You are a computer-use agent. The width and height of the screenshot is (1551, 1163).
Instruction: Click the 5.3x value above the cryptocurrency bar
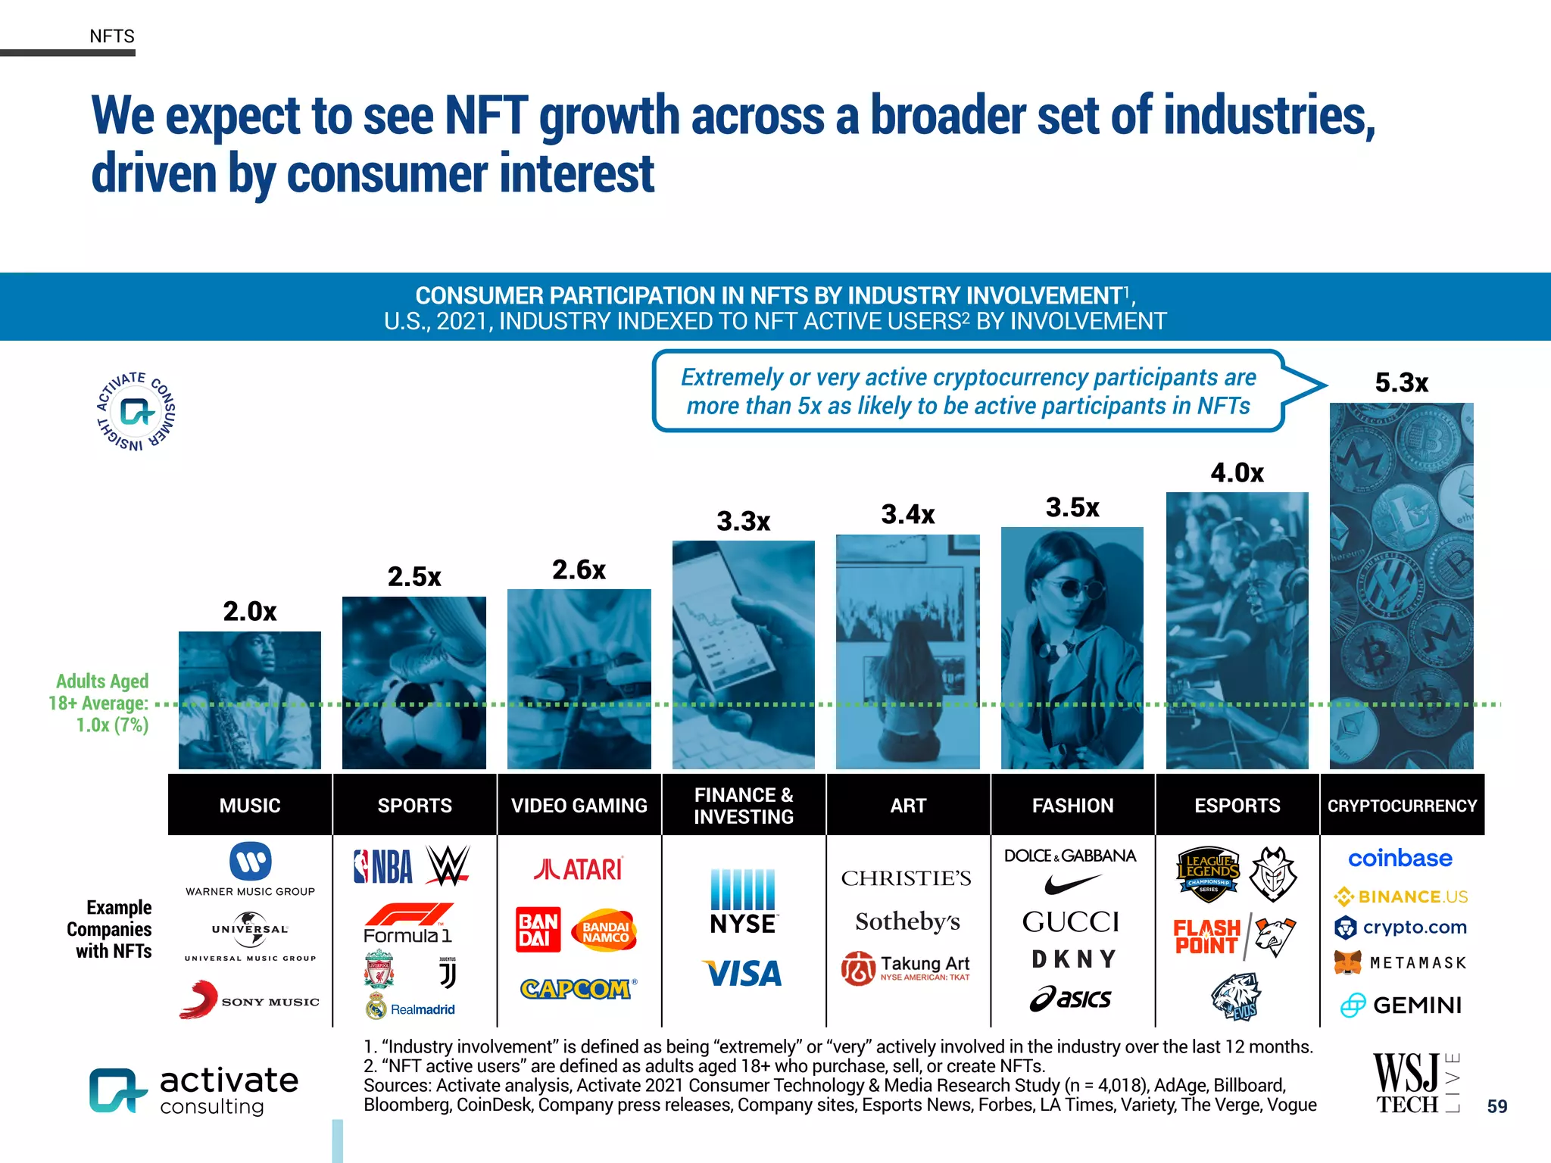pos(1401,383)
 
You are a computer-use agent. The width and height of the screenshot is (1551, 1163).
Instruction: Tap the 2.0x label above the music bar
pos(249,611)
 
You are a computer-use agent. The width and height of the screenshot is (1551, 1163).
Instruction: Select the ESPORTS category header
pos(1237,806)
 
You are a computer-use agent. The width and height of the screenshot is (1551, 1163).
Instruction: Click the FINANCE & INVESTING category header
pos(743,806)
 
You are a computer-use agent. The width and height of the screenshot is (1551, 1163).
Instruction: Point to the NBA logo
pos(384,867)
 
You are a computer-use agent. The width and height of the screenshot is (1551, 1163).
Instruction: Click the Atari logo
pos(579,868)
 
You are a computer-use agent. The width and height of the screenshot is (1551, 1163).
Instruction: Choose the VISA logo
pos(743,974)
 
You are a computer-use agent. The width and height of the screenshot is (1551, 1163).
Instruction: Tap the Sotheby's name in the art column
pos(907,921)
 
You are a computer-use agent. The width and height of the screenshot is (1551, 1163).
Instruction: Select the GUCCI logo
pos(1071,922)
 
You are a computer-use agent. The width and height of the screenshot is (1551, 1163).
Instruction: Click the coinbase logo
pos(1400,859)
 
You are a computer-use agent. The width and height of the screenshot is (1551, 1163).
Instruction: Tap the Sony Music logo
pos(249,999)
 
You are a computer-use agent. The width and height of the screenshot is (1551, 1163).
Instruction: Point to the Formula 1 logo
pos(408,924)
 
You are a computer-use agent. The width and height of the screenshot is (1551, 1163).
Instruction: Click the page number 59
pos(1496,1106)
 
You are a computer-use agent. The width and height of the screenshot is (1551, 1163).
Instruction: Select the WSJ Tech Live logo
pos(1415,1083)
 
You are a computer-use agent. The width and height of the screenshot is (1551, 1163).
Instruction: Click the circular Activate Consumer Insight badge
pos(136,412)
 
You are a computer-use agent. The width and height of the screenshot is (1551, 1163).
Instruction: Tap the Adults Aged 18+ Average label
pos(101,703)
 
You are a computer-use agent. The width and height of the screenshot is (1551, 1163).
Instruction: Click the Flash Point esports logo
pos(1206,937)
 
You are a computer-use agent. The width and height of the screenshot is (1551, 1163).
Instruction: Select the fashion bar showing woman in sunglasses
pos(1072,648)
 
